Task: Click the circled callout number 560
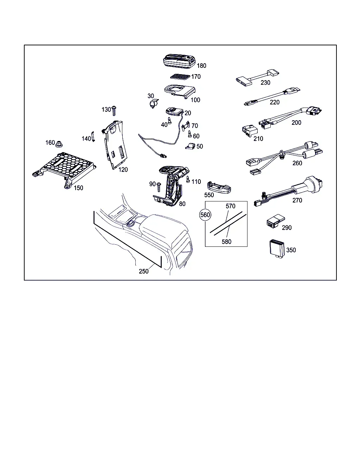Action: point(205,215)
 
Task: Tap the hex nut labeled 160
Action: point(59,144)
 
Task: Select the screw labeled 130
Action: point(114,111)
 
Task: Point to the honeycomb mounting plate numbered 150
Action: point(64,170)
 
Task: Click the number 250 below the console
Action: point(144,271)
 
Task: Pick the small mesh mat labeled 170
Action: point(180,77)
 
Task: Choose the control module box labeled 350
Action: point(277,249)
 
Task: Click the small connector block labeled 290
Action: point(276,221)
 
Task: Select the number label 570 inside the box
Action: point(231,206)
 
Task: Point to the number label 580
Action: point(226,242)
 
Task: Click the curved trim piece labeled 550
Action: point(219,187)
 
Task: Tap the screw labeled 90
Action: point(159,187)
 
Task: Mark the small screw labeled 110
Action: point(188,179)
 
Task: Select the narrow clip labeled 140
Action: point(93,136)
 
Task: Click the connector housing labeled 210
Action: point(250,131)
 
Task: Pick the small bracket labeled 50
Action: point(190,146)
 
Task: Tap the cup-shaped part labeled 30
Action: point(154,103)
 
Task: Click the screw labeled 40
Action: point(169,121)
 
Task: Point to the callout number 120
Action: point(123,169)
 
